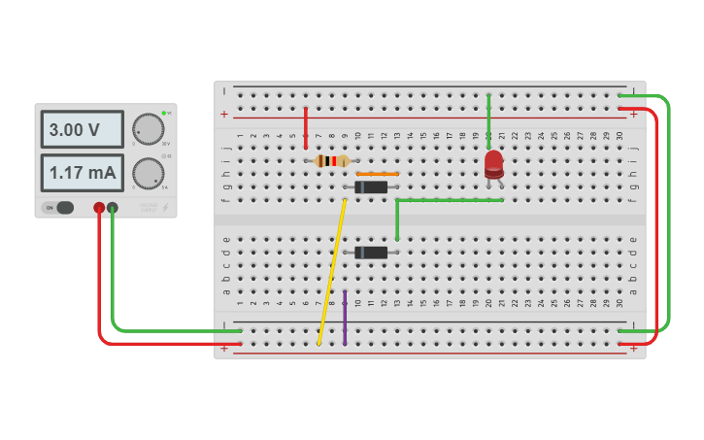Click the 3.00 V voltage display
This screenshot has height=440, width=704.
[82, 129]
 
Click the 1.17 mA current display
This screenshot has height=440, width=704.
[82, 173]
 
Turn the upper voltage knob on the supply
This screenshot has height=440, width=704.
[148, 128]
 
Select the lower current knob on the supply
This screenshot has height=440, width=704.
[148, 173]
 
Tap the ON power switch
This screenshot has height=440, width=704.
[58, 207]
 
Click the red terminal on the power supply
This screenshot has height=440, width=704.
[99, 207]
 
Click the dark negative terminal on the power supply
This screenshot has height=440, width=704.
[113, 207]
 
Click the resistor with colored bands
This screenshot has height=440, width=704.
[332, 161]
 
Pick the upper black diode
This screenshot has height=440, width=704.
[371, 186]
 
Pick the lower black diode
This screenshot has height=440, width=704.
[371, 253]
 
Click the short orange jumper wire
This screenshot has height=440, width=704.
[377, 174]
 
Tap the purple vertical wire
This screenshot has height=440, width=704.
[345, 317]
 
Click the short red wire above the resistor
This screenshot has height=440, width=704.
[306, 127]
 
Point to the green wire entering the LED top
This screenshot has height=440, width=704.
[488, 121]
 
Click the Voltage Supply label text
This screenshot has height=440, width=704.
[149, 206]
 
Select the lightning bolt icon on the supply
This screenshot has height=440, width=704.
[165, 207]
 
